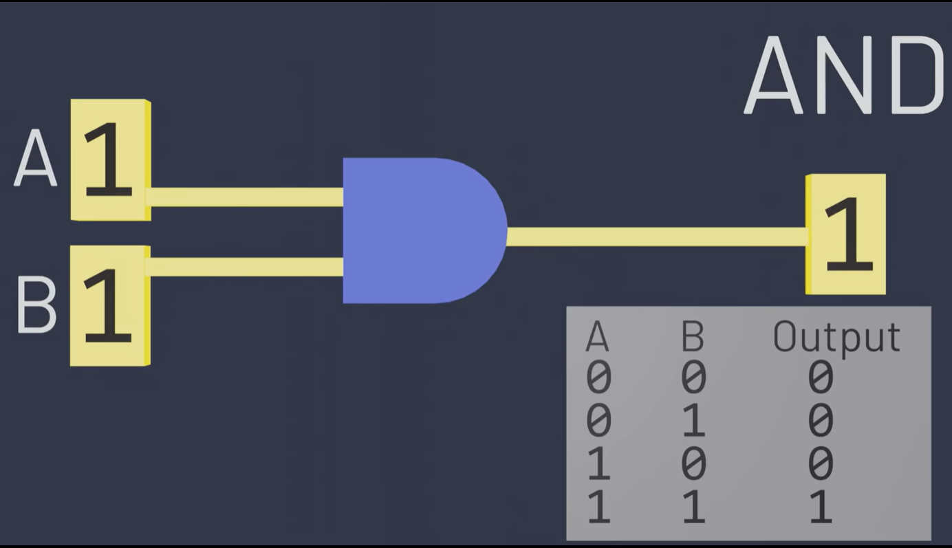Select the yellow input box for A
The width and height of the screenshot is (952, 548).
point(110,160)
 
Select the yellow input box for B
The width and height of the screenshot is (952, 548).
point(110,305)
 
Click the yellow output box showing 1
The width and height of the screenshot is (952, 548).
point(846,234)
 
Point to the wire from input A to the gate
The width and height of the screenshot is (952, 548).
point(244,197)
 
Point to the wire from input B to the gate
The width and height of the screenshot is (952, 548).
point(244,267)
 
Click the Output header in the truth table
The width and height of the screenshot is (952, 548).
point(836,337)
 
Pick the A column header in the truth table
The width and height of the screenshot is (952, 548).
point(597,337)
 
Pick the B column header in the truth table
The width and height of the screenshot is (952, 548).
point(693,337)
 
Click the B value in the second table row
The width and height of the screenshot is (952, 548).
point(693,421)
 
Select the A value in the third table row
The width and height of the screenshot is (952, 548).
point(598,464)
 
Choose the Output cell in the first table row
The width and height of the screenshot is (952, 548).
point(820,377)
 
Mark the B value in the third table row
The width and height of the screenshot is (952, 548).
point(693,464)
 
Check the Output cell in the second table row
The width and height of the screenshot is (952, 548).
point(820,421)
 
